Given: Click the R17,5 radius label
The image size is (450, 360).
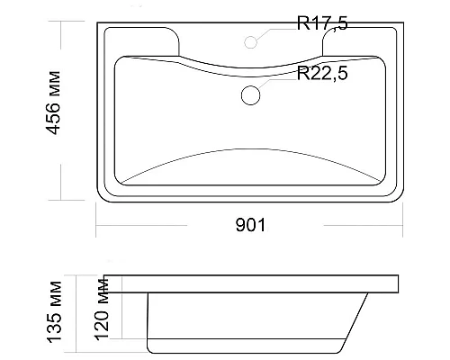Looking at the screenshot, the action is [x=322, y=23].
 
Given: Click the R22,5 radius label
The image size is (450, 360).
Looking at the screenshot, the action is [x=322, y=73].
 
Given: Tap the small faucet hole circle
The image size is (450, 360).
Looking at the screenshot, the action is [x=250, y=42].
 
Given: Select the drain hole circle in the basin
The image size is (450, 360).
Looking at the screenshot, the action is [x=250, y=95].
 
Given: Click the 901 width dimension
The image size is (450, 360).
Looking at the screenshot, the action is [x=250, y=225].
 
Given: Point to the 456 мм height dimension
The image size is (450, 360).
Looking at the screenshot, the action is [x=53, y=103].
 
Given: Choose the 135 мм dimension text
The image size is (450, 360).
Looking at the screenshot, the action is [x=54, y=311].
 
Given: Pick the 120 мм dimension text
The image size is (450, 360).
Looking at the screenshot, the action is [x=101, y=310].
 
